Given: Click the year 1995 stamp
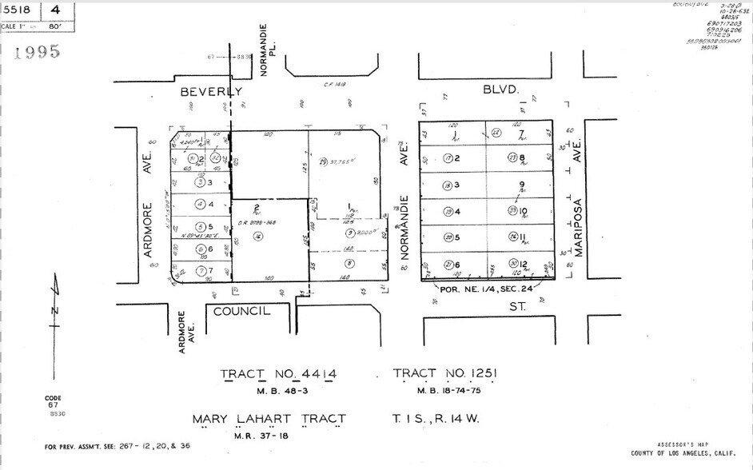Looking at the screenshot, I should (x=38, y=53).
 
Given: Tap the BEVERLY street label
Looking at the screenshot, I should (x=210, y=92).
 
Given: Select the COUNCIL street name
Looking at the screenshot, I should (x=241, y=311).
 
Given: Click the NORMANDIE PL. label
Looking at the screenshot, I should (x=266, y=50).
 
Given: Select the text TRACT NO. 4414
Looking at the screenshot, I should (x=278, y=374).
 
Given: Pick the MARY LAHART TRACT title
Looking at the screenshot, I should (x=269, y=419).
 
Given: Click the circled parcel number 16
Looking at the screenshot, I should (x=257, y=236).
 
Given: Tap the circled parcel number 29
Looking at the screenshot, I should (x=323, y=162).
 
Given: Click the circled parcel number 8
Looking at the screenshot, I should (x=349, y=262).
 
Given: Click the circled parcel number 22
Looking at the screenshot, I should (x=496, y=133).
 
